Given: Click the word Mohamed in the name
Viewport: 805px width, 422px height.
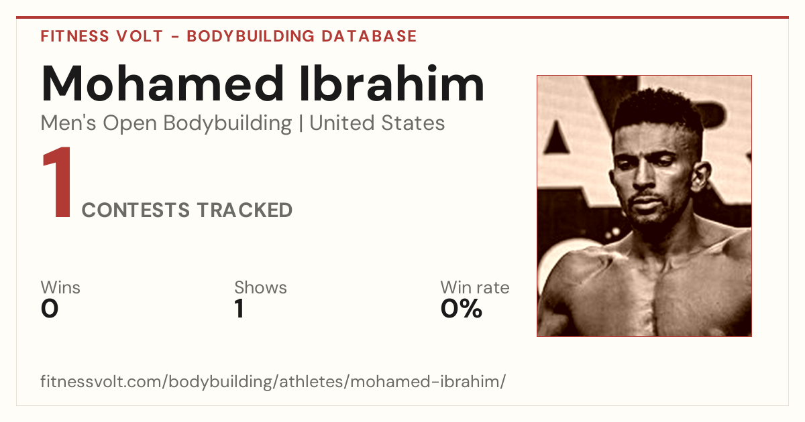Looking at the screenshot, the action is (163, 83).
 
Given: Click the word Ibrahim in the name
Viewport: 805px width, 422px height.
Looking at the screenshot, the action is (392, 83).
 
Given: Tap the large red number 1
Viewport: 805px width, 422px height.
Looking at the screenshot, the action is (58, 182).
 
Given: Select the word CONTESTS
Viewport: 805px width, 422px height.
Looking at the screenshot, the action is (136, 210).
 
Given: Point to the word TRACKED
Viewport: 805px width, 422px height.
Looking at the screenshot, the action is (245, 210).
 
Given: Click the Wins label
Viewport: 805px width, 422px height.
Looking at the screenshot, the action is (60, 287).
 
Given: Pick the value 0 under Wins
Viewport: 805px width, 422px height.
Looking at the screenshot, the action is (50, 309).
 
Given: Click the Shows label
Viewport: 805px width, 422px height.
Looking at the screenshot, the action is (260, 287).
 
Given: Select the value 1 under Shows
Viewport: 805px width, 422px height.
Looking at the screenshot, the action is (239, 309).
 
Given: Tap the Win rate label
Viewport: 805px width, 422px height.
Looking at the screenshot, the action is (475, 287).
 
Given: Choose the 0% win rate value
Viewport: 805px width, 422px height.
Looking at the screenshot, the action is (462, 309).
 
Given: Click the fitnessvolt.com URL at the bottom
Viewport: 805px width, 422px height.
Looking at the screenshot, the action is (273, 381).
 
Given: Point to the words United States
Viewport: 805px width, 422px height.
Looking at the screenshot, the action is (377, 123).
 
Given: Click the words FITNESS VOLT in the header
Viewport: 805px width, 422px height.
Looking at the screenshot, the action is (102, 36).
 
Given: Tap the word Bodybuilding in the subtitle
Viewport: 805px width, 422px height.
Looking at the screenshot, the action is (227, 124).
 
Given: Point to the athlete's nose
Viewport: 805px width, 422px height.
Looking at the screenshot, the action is (644, 175).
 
